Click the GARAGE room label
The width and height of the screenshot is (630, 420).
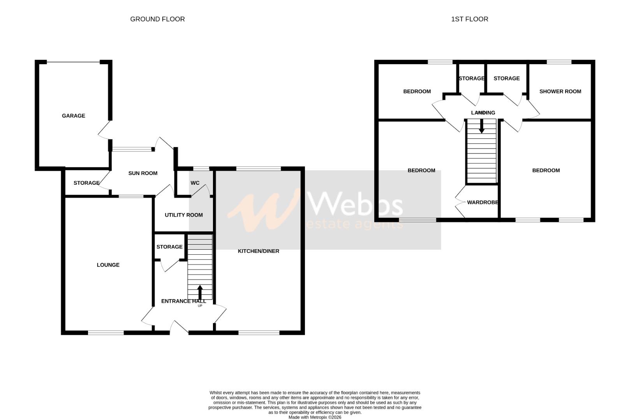73,115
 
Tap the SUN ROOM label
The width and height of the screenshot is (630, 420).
143,173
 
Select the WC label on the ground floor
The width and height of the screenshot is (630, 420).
195,183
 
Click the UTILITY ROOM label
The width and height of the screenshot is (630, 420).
183,215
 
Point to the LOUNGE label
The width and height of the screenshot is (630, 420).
108,265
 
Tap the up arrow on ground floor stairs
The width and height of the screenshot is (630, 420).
200,292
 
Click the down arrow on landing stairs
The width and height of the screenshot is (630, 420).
481,126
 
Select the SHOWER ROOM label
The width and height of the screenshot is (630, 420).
560,91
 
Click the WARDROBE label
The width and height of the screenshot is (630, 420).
482,202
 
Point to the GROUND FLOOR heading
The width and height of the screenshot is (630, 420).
157,19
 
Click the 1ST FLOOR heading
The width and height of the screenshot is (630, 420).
469,19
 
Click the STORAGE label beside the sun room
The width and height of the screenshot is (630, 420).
86,183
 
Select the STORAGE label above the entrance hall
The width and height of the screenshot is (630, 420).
169,247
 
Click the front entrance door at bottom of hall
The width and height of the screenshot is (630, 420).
179,327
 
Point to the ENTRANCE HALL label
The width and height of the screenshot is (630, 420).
183,301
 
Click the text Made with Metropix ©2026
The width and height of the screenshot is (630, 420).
315,417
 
